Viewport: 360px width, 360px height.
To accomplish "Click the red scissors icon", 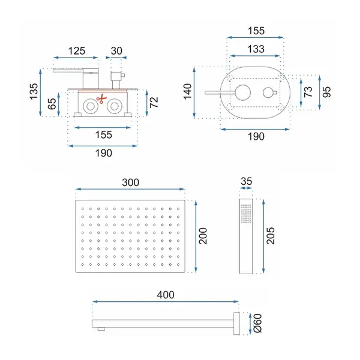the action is coord(101,99).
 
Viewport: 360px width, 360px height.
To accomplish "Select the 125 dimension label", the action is coord(77,51).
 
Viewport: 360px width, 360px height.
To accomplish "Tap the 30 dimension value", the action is coord(116,51).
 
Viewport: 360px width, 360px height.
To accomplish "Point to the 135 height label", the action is coord(34,91).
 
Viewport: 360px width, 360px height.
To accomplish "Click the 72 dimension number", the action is coord(154,102).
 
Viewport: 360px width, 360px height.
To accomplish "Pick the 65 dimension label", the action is coord(52,104).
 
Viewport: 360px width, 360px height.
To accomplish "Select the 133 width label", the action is coord(256,49).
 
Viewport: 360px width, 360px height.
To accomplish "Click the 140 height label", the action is coord(188,91).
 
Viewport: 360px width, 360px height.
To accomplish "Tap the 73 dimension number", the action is coord(308,92).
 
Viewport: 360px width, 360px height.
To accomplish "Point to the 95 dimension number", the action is coord(326,92).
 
